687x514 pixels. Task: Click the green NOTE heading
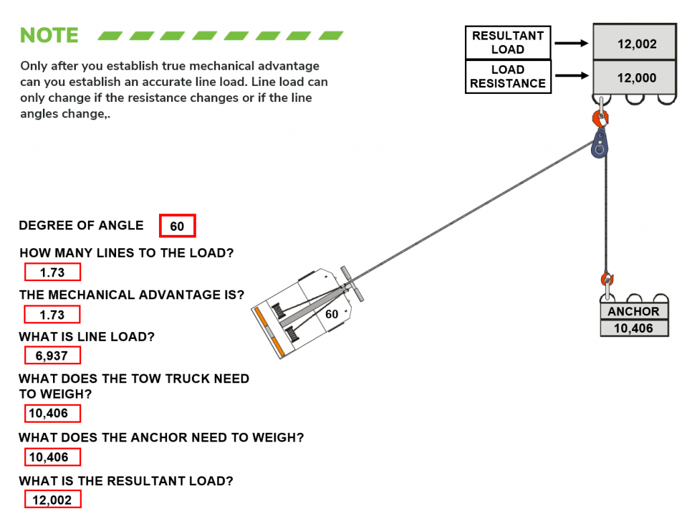click(x=49, y=35)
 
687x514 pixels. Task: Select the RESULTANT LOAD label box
click(x=508, y=43)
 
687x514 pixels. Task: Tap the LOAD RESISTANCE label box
click(x=508, y=76)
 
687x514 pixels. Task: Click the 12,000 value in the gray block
click(x=636, y=78)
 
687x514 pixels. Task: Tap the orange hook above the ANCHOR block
click(x=607, y=278)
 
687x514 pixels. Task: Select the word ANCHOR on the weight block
click(x=633, y=311)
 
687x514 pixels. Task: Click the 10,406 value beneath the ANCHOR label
click(x=633, y=329)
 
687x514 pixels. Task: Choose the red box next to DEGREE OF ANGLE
click(x=177, y=226)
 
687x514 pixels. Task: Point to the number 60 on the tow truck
click(x=331, y=314)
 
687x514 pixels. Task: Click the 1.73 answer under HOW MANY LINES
click(x=52, y=272)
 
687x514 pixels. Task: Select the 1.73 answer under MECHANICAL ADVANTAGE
click(x=52, y=315)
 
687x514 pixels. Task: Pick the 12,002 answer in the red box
click(x=52, y=500)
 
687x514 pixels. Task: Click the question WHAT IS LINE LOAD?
click(x=87, y=337)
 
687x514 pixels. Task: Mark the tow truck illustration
click(x=305, y=310)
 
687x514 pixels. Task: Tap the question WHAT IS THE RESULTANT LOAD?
click(x=126, y=481)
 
